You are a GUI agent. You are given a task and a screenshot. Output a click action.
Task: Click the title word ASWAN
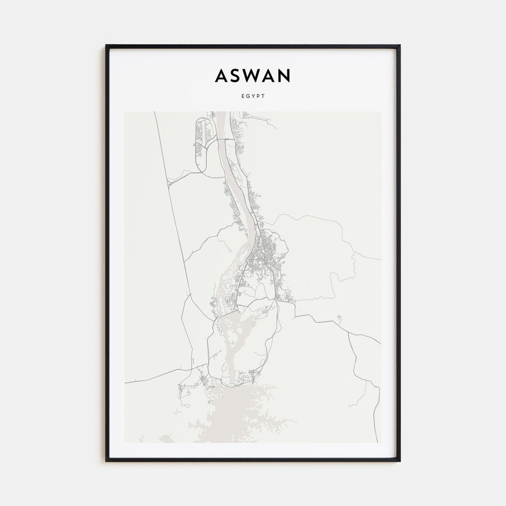[x=252, y=75]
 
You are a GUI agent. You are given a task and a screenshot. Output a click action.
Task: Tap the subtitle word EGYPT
[x=252, y=96]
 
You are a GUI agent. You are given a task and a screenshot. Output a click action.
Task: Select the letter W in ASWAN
[x=253, y=75]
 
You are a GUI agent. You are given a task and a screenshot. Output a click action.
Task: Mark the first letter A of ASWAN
[x=221, y=75]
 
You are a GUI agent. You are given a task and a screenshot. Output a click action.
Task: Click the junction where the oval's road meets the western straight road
[x=169, y=182]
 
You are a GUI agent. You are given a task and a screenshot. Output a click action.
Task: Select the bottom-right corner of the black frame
[x=400, y=460]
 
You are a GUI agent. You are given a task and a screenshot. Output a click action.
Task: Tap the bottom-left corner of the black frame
[x=106, y=460]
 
